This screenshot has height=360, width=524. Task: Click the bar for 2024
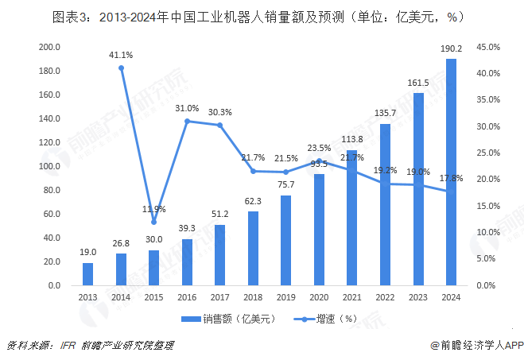pos(451,172)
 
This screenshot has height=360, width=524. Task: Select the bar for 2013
pos(87,274)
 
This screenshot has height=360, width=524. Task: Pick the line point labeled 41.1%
pos(121,68)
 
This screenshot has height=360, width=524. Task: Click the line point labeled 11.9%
pos(154,223)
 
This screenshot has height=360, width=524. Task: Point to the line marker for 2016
pos(187,121)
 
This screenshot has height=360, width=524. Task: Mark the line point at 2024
pos(451,191)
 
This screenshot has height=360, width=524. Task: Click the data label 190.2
pos(451,49)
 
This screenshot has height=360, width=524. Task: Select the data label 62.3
pos(253,202)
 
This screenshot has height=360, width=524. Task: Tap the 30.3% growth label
pos(220,112)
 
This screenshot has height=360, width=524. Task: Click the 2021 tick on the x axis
pos(351,297)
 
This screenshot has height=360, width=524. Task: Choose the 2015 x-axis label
pos(153,297)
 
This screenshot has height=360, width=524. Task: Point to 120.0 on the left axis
pos(49,142)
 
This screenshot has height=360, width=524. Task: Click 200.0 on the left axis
pos(49,47)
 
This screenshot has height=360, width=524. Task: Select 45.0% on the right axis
pos(487,47)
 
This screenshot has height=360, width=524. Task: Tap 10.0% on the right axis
pos(487,232)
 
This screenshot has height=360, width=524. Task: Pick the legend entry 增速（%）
pos(327,319)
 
